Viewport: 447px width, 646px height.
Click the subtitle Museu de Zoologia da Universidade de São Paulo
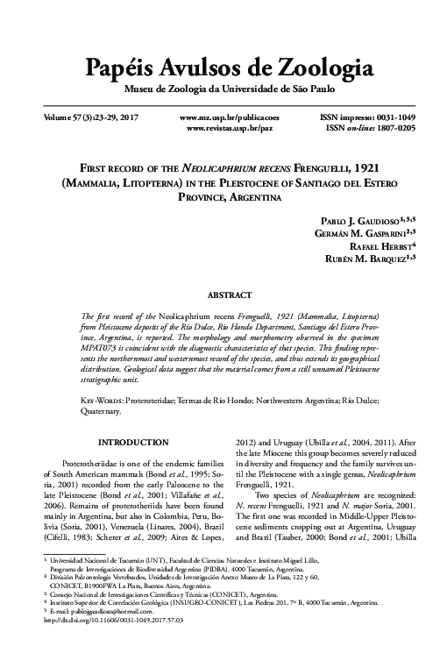coord(223,90)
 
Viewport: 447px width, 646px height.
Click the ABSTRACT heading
coord(223,296)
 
